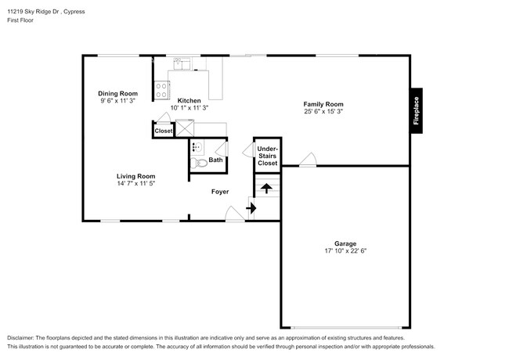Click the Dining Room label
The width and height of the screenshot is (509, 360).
[x=117, y=93]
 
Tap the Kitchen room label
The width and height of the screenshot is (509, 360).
[x=189, y=100]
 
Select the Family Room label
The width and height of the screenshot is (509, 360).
[x=323, y=104]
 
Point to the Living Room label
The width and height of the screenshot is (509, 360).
[x=136, y=176]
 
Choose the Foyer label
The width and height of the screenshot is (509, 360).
[x=220, y=191]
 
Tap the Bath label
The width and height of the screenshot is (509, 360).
[x=215, y=160]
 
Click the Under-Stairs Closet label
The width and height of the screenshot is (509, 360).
[x=267, y=156]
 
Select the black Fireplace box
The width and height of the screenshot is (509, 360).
[x=416, y=110]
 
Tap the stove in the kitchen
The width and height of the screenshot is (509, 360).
[x=161, y=90]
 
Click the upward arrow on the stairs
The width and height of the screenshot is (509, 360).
[x=266, y=188]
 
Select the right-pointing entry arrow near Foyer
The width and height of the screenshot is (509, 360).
[x=251, y=208]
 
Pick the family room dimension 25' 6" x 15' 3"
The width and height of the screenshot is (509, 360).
[x=323, y=112]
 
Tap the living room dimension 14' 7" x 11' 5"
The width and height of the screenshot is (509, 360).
[x=136, y=184]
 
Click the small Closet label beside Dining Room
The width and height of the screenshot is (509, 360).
[x=163, y=131]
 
